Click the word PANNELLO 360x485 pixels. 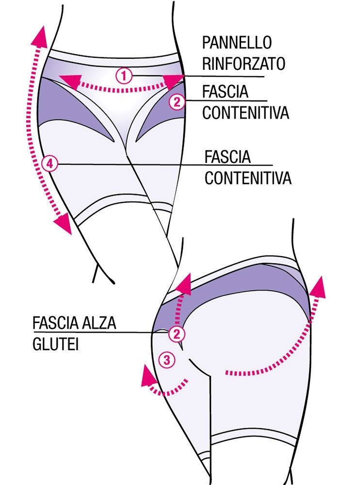click(x=236, y=43)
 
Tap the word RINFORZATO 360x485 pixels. click(x=244, y=64)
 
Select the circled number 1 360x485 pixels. click(x=124, y=75)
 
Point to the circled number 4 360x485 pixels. click(x=49, y=164)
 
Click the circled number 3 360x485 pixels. click(x=166, y=360)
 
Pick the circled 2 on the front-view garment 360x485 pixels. click(x=177, y=102)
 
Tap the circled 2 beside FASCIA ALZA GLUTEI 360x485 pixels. click(x=177, y=333)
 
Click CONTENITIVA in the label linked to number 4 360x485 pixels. click(x=247, y=178)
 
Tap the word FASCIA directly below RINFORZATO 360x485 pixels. click(x=224, y=91)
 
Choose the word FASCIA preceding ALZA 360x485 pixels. click(x=55, y=323)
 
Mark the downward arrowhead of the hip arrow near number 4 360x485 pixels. click(x=63, y=225)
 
